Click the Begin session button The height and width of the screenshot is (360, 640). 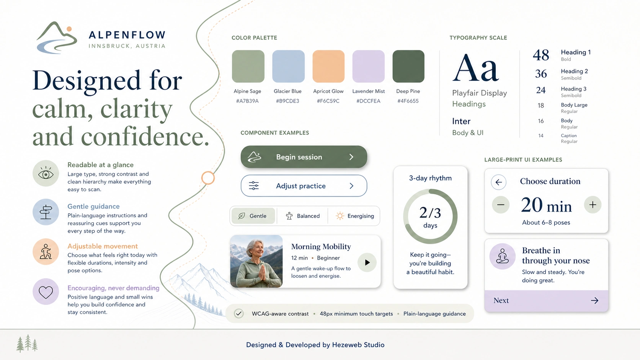point(304,157)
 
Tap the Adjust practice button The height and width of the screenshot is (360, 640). point(304,186)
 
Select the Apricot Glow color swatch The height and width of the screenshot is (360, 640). point(328,66)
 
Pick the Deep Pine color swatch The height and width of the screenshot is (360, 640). point(408,66)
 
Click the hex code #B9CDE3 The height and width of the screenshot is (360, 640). point(287,101)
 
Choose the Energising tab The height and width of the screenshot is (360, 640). point(354,216)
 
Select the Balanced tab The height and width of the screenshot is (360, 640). point(302,216)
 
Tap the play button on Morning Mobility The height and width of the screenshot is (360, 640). point(367,262)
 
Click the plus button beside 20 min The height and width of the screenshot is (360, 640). point(593,205)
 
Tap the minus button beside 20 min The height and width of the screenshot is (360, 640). point(501,205)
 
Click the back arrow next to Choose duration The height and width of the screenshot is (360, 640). point(499,182)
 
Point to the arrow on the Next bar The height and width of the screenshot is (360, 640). point(594,300)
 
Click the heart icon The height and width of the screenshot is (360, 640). point(46,292)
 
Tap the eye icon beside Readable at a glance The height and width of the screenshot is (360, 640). point(46,174)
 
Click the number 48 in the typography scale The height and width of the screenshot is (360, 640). point(541,55)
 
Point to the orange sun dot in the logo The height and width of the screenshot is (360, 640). point(69,29)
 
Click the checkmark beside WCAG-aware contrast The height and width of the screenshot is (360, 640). point(238,313)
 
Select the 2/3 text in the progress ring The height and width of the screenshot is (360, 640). point(430,213)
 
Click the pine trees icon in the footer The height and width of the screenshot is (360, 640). point(27,343)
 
